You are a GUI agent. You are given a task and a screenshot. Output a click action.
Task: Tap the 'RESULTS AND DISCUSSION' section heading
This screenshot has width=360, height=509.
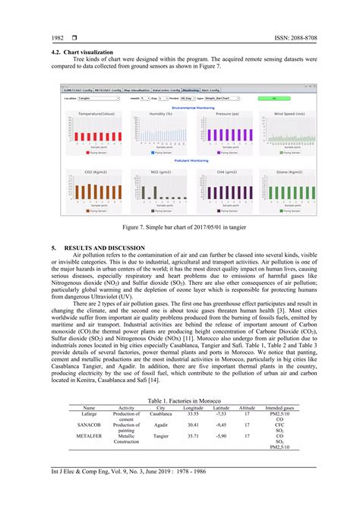(106, 248)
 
